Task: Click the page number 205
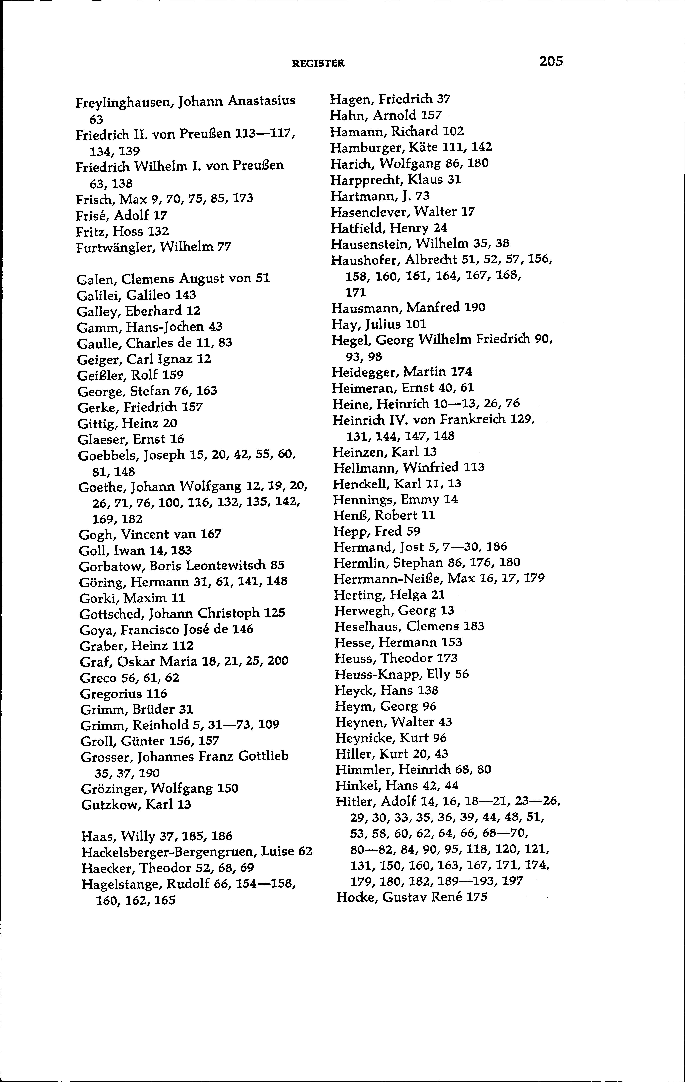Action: coord(551,62)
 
